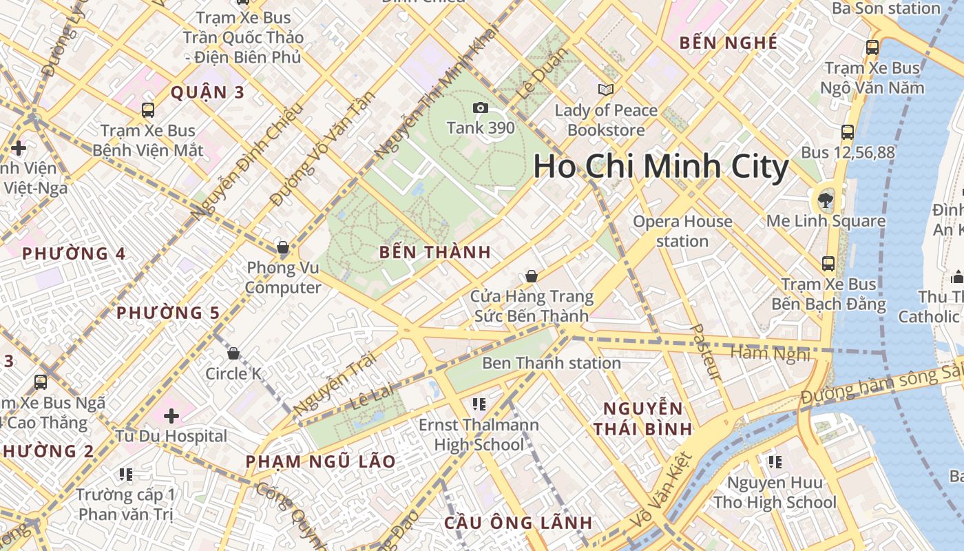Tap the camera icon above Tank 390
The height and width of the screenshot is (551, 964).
[481, 107]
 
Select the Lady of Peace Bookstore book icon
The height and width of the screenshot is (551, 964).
[606, 90]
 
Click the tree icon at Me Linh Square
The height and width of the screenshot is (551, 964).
[824, 200]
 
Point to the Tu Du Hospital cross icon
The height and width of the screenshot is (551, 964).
[171, 415]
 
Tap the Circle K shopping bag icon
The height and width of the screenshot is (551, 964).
[234, 353]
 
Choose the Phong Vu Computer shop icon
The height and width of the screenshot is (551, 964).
[282, 247]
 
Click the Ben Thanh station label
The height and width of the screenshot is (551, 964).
[551, 363]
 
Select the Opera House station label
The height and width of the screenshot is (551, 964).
[682, 231]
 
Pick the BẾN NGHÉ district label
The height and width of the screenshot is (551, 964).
[729, 43]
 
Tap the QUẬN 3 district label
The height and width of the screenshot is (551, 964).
[207, 92]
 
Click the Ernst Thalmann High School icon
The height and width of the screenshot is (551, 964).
[479, 404]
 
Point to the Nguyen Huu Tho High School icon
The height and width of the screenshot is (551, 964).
[775, 461]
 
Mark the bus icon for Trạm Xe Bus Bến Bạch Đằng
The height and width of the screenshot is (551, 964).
[828, 263]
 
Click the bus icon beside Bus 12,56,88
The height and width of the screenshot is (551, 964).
[848, 132]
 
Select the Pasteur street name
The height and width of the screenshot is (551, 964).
[706, 353]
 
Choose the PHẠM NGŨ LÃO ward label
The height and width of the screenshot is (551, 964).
[321, 461]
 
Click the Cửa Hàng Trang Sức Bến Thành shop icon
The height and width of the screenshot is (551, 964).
[532, 276]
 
